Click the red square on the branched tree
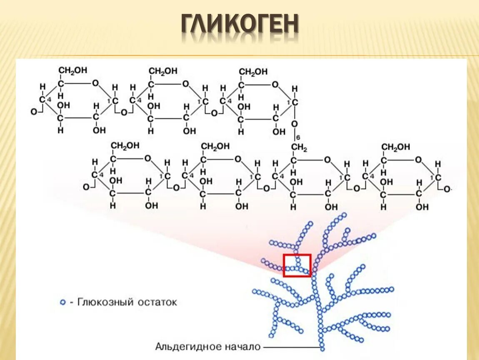297,265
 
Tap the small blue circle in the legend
63,302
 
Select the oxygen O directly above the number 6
294,124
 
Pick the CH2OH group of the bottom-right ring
396,147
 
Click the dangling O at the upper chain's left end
34,112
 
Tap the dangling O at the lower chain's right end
447,189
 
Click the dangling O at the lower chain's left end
86,187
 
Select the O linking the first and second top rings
124,112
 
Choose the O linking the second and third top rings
214,112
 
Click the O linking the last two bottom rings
357,188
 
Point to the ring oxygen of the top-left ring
95,83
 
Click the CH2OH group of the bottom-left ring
125,146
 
